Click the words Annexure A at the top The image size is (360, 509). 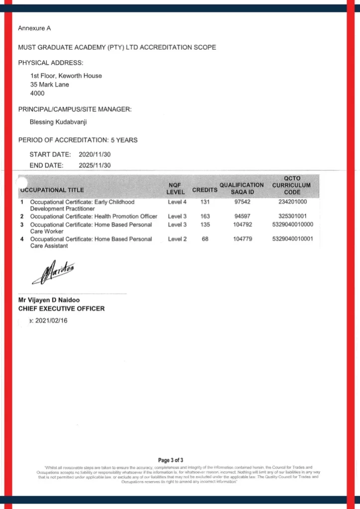[34, 28]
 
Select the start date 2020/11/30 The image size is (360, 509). [95, 155]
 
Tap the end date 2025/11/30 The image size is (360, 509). [95, 165]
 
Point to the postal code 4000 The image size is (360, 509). [37, 94]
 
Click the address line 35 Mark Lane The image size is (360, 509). [50, 85]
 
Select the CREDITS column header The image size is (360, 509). [205, 190]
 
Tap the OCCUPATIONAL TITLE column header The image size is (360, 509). [52, 190]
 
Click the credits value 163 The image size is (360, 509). [205, 217]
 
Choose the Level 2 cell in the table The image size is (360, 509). [177, 239]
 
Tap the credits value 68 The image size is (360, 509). [205, 239]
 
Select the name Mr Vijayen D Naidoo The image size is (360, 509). [49, 300]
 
